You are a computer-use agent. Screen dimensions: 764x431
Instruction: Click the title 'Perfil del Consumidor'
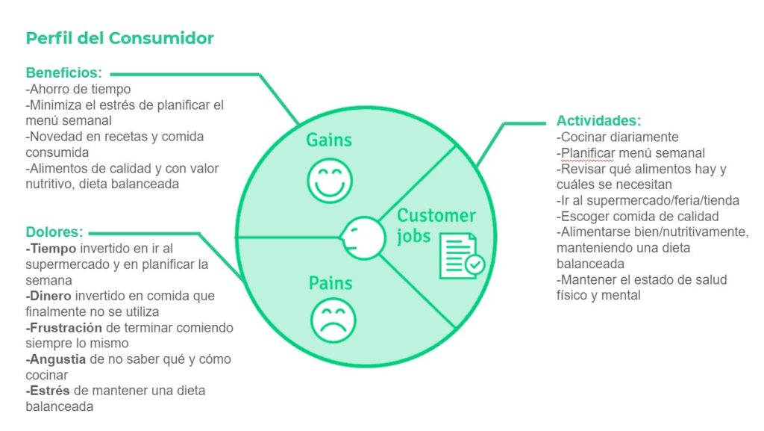pyautogui.click(x=120, y=38)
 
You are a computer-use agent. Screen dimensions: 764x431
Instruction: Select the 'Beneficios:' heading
pyautogui.click(x=64, y=72)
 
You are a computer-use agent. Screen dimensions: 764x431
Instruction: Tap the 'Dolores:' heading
pyautogui.click(x=54, y=232)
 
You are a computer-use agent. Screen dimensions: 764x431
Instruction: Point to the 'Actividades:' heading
pyautogui.click(x=599, y=120)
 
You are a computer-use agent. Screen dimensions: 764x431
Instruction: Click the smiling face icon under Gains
pyautogui.click(x=330, y=181)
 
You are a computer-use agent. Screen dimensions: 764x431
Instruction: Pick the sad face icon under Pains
pyautogui.click(x=334, y=320)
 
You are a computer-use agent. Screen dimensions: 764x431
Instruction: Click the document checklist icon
pyautogui.click(x=461, y=256)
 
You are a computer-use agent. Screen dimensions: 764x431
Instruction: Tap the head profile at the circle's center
pyautogui.click(x=363, y=238)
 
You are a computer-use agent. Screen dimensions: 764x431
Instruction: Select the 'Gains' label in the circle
pyautogui.click(x=329, y=140)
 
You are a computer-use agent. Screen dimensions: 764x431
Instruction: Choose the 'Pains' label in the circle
pyautogui.click(x=331, y=283)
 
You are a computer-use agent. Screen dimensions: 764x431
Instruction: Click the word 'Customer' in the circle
pyautogui.click(x=436, y=215)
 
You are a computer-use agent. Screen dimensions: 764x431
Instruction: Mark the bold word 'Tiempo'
pyautogui.click(x=53, y=249)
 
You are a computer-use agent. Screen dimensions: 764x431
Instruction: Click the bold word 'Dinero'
pyautogui.click(x=50, y=296)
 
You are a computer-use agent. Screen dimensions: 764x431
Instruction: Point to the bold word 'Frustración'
pyautogui.click(x=66, y=328)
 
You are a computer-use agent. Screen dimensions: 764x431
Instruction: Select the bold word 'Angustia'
pyautogui.click(x=57, y=359)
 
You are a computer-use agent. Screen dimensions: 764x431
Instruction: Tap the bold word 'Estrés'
pyautogui.click(x=49, y=391)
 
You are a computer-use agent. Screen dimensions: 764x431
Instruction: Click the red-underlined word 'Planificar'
pyautogui.click(x=587, y=153)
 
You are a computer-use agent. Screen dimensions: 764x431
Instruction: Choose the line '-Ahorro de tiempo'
pyautogui.click(x=78, y=89)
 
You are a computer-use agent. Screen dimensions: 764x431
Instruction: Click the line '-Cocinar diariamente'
pyautogui.click(x=617, y=137)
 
